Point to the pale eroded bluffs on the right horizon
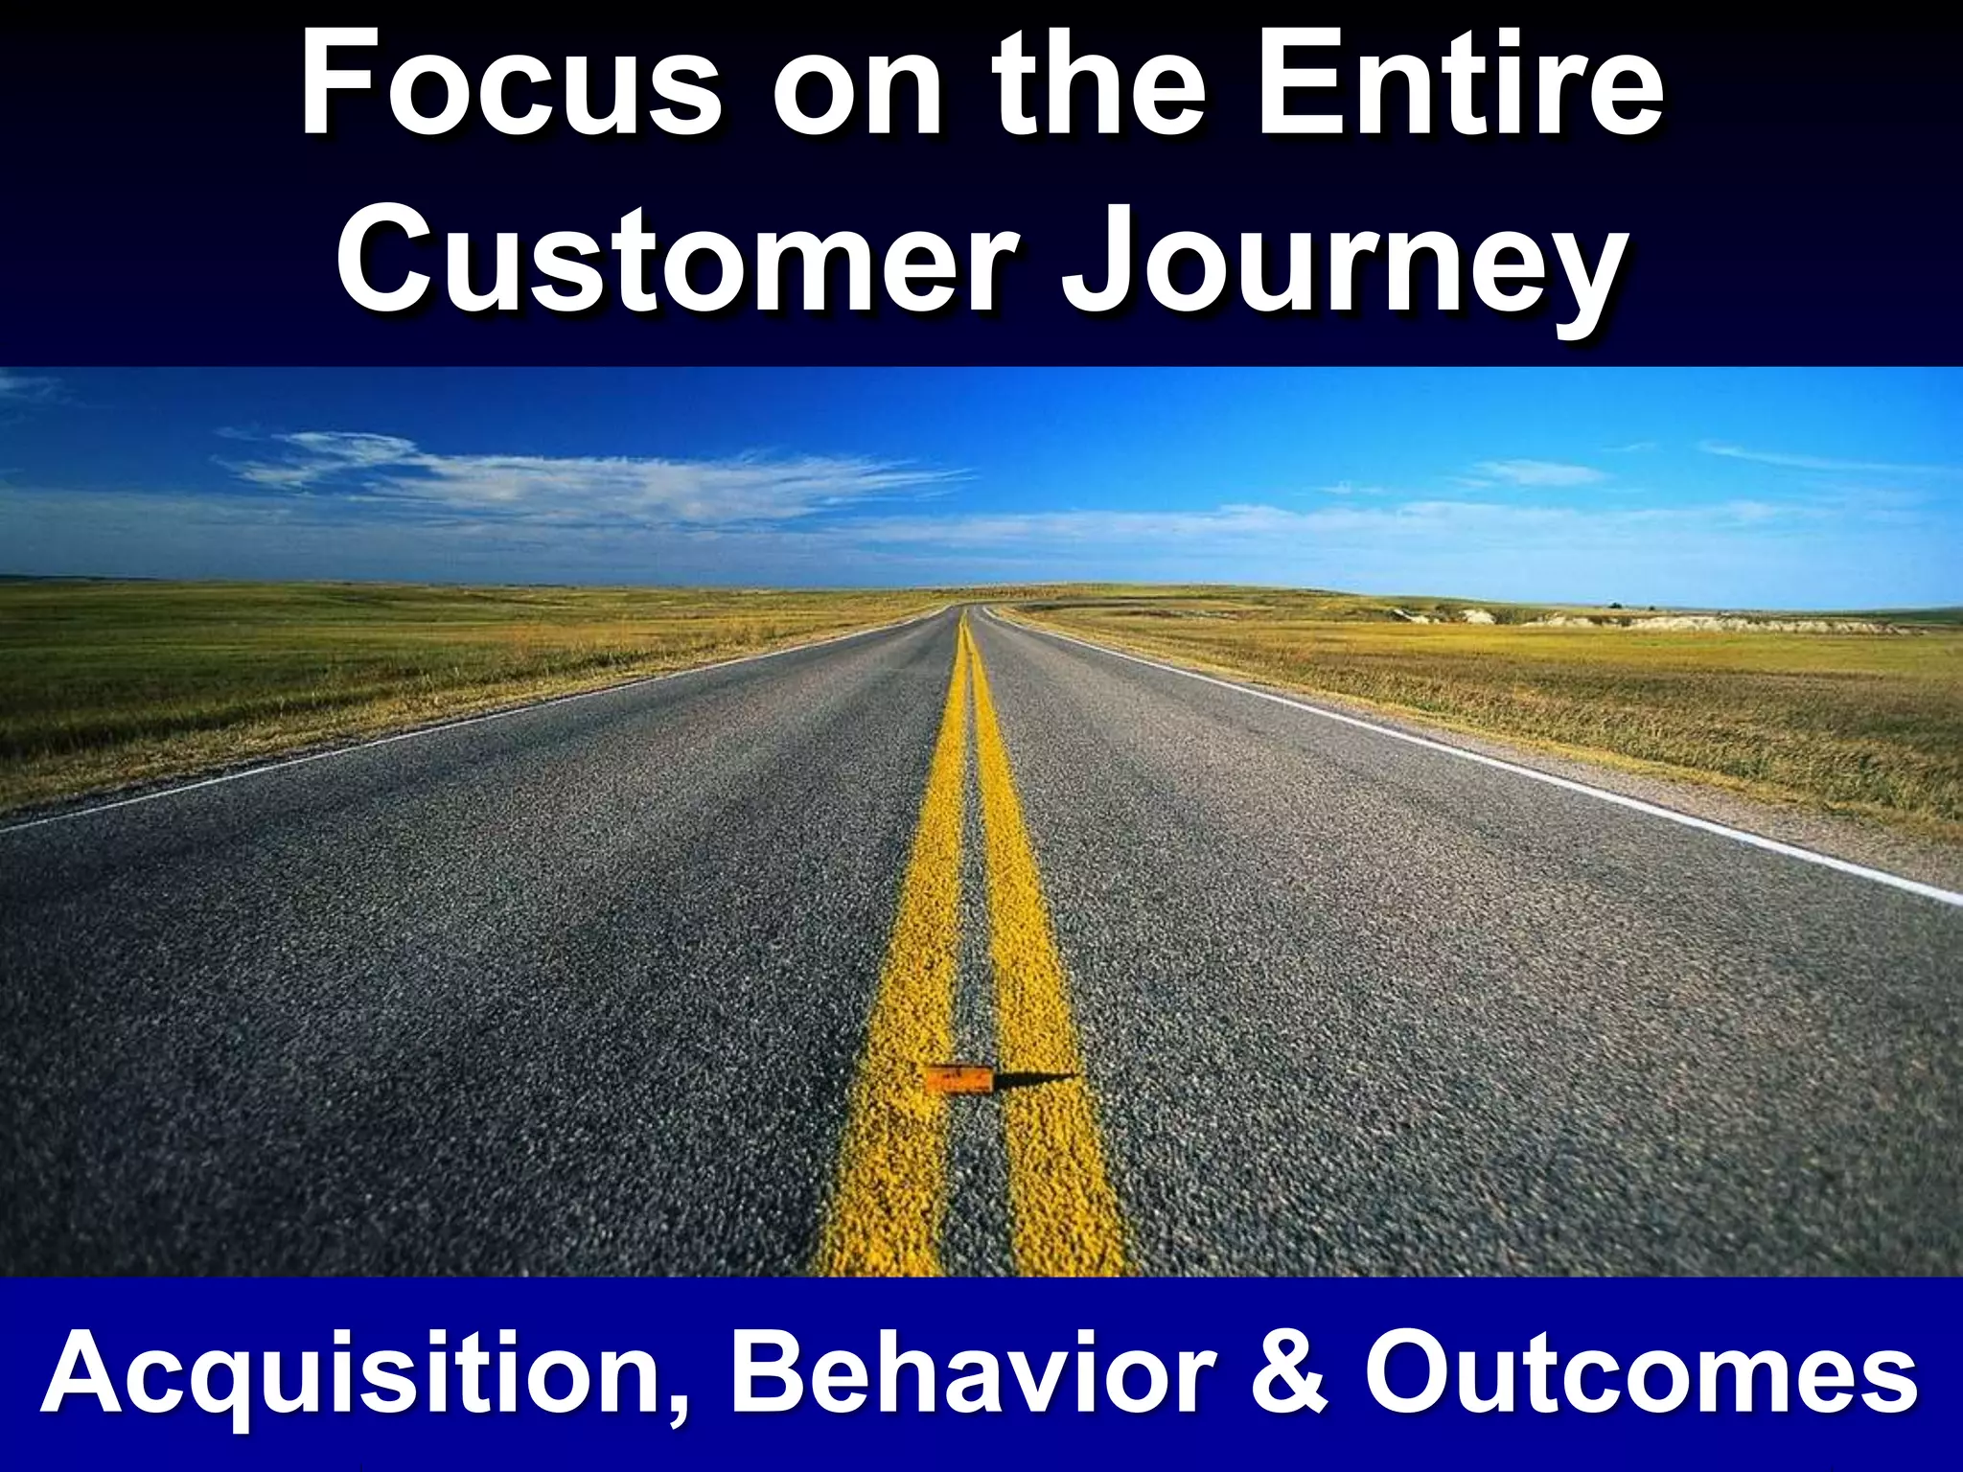point(1725,623)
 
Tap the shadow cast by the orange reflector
point(1040,1078)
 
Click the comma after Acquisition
point(678,1409)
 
